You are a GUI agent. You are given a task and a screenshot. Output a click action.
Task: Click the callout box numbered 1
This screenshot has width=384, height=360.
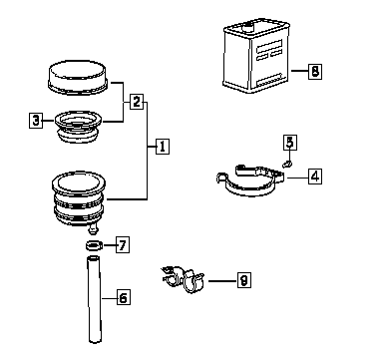pyautogui.click(x=163, y=147)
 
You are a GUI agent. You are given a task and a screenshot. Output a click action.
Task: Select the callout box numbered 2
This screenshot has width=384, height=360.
pyautogui.click(x=137, y=102)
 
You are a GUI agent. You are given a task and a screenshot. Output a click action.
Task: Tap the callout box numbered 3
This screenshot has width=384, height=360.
pyautogui.click(x=36, y=120)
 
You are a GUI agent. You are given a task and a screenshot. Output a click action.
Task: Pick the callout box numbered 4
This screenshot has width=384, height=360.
pyautogui.click(x=315, y=177)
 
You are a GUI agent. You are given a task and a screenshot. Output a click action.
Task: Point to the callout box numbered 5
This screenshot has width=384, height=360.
pyautogui.click(x=290, y=143)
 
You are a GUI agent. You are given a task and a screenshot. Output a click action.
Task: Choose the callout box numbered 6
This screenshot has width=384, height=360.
pyautogui.click(x=124, y=297)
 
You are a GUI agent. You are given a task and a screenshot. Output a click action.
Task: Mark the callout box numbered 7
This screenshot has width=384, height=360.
pyautogui.click(x=123, y=245)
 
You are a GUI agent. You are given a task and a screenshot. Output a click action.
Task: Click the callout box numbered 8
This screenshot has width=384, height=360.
pyautogui.click(x=315, y=71)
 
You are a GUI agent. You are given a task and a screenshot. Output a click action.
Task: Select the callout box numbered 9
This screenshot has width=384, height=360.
pyautogui.click(x=244, y=280)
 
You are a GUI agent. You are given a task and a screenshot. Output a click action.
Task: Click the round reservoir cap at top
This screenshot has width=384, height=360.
pyautogui.click(x=78, y=78)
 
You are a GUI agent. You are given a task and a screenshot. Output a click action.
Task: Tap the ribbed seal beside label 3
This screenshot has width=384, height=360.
pyautogui.click(x=78, y=128)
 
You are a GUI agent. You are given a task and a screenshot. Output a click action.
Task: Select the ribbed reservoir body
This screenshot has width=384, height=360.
pyautogui.click(x=79, y=198)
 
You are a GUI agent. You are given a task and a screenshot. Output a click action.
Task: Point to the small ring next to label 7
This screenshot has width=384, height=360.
pyautogui.click(x=93, y=246)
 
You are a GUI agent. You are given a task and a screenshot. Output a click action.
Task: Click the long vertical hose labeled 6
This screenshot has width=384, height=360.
pyautogui.click(x=94, y=299)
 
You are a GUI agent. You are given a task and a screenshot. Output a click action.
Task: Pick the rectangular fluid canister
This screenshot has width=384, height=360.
pyautogui.click(x=256, y=56)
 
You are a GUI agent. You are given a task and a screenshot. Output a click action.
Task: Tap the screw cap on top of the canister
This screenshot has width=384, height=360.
pyautogui.click(x=247, y=26)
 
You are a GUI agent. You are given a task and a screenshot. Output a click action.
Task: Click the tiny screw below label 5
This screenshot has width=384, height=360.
pyautogui.click(x=287, y=164)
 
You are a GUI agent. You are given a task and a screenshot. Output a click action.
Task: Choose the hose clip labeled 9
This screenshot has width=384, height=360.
pyautogui.click(x=183, y=279)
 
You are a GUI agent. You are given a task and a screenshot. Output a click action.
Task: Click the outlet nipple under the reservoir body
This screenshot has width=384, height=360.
pyautogui.click(x=93, y=228)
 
